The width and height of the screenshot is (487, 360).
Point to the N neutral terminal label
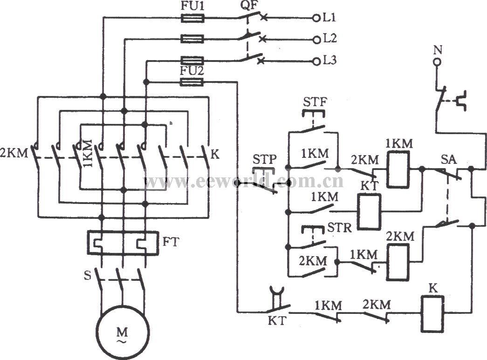[437, 49]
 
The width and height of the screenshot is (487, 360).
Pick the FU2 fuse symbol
[192, 82]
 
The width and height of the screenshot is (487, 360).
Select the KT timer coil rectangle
[369, 211]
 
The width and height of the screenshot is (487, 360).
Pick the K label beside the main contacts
[215, 154]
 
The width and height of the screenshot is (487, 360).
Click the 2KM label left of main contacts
[18, 152]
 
